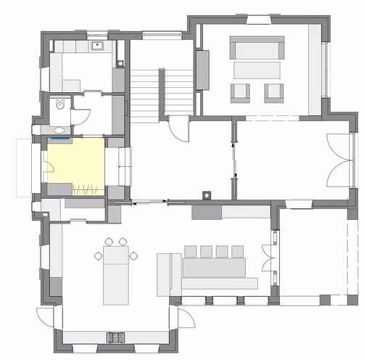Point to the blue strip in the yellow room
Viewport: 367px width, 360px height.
tap(59, 136)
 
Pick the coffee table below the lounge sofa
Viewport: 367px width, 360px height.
tap(256, 70)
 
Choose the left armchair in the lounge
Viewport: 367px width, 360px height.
tap(239, 91)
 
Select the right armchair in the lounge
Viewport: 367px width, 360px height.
tap(273, 91)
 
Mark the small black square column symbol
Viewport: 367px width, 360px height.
tap(207, 194)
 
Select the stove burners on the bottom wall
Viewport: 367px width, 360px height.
tap(115, 336)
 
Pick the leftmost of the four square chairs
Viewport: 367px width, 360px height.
tap(191, 252)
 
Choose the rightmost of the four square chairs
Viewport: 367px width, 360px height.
tap(236, 252)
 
